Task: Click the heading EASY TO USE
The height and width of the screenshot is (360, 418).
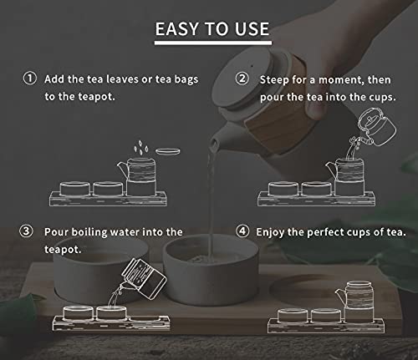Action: pos(212,29)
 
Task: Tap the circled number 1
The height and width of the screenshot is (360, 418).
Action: pos(30,79)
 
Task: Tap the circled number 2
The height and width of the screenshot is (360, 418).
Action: pos(242,79)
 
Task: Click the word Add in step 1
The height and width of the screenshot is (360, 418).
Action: pos(56,79)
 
